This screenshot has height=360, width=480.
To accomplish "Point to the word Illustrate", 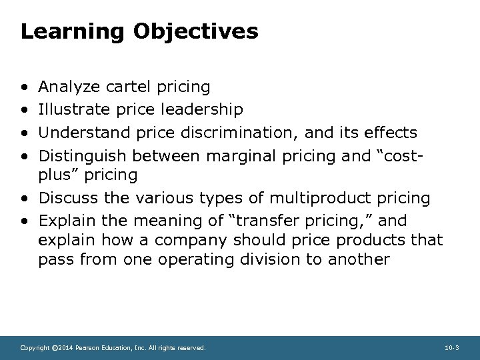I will [74, 109].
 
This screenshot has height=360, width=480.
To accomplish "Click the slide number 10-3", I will [451, 348].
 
